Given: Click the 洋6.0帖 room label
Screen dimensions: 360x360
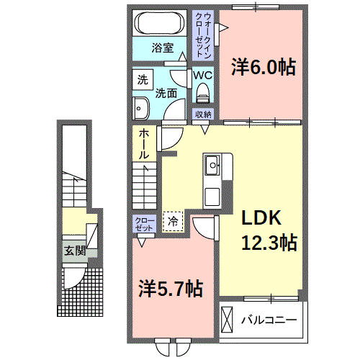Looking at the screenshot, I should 263,68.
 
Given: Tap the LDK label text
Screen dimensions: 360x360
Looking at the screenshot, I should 260,218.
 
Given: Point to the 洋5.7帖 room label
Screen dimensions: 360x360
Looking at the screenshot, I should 170,289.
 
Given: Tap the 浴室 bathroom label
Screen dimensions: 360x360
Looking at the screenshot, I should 163,48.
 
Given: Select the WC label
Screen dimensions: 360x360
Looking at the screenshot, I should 202,74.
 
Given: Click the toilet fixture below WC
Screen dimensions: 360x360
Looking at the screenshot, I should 202,92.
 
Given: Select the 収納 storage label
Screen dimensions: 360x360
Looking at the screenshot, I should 203,114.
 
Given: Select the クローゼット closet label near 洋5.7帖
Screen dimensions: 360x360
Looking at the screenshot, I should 143,223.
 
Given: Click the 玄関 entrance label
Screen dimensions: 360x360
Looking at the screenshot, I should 73,251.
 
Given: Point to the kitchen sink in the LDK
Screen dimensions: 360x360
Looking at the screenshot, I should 214,166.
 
